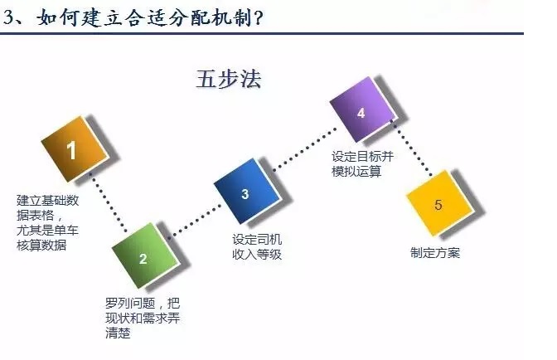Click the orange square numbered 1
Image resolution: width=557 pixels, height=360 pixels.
coord(75,149)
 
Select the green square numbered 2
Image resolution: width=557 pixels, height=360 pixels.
coord(144,255)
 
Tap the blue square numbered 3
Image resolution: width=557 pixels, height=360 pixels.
coord(246,192)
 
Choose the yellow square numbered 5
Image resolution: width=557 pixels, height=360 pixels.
coord(439,203)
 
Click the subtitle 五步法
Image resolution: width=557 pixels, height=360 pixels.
coord(229,79)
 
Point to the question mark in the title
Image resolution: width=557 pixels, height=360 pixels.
coord(258,17)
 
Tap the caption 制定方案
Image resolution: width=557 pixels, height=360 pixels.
coord(435,253)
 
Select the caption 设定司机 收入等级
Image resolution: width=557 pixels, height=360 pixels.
coord(257,246)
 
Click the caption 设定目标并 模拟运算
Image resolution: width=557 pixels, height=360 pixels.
coord(362,164)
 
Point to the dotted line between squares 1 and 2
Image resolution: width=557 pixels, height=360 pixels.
coord(108,202)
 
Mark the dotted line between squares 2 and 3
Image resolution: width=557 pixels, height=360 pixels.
coord(195,220)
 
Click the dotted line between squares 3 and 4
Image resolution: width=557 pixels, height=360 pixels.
coord(305,150)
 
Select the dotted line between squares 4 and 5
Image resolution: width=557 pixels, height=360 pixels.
coord(412,148)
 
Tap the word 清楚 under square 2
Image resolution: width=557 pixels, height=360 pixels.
coord(118,333)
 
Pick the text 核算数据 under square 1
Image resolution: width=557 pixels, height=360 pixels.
coord(41,246)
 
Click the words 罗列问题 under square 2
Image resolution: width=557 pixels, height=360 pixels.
coord(130,303)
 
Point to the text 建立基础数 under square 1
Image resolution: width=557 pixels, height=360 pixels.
coord(47,201)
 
